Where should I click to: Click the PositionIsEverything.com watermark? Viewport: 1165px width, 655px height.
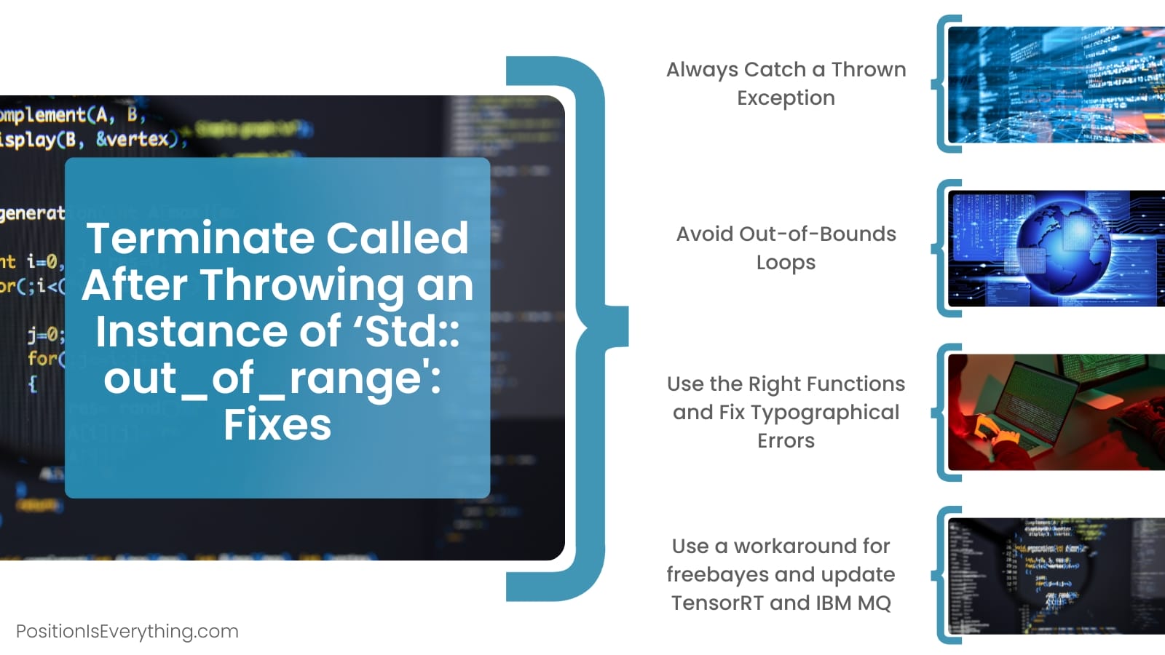pos(127,631)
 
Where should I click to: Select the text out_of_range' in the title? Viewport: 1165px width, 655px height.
pos(272,378)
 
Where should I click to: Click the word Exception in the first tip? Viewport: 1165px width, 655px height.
pos(786,98)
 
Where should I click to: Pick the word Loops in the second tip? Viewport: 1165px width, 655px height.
pos(786,262)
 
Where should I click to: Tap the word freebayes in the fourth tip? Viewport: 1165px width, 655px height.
pos(719,574)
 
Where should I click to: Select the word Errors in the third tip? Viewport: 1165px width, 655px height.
pos(786,440)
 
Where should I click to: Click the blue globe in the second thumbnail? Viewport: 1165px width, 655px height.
pos(1064,246)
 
